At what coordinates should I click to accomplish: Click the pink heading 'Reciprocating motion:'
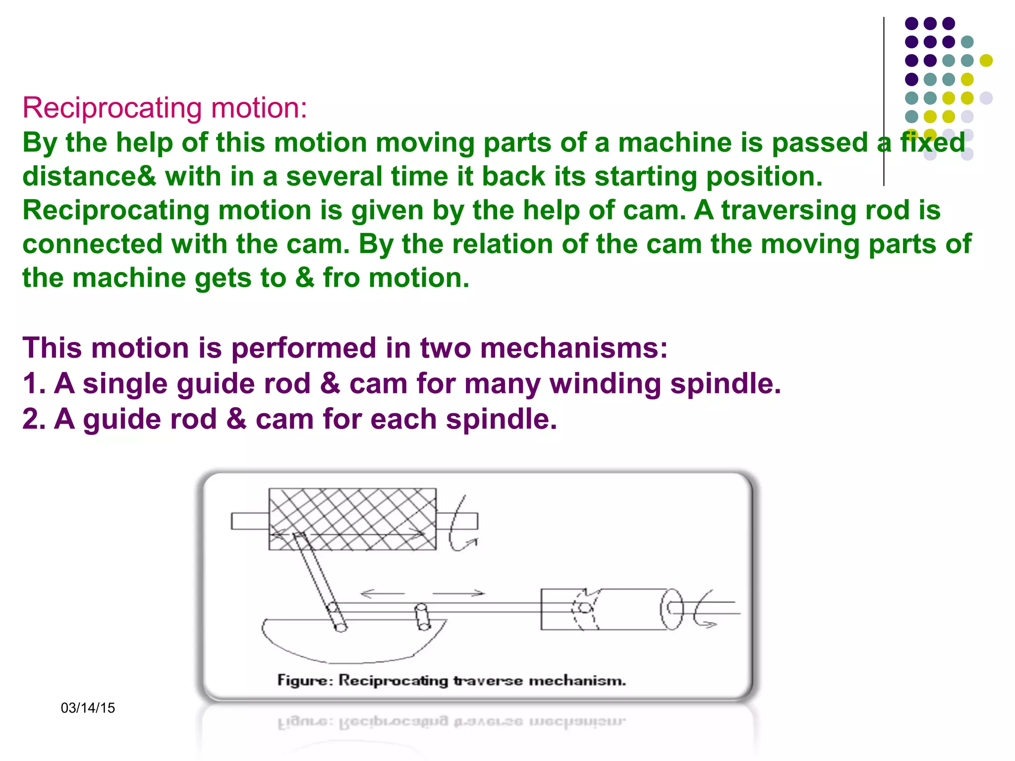[x=165, y=108]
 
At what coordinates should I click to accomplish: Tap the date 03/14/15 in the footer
[x=88, y=708]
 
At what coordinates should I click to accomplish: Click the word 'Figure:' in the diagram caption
[x=305, y=680]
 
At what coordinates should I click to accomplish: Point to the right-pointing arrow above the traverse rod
[x=459, y=593]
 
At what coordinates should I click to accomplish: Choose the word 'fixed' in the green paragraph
[x=933, y=143]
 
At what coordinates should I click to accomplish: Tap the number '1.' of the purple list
[x=34, y=383]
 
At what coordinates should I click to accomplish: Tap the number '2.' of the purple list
[x=34, y=419]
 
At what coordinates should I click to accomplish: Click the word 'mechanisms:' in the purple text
[x=573, y=348]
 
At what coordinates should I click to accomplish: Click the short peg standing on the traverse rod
[x=422, y=616]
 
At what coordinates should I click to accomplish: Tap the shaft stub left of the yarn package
[x=250, y=521]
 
